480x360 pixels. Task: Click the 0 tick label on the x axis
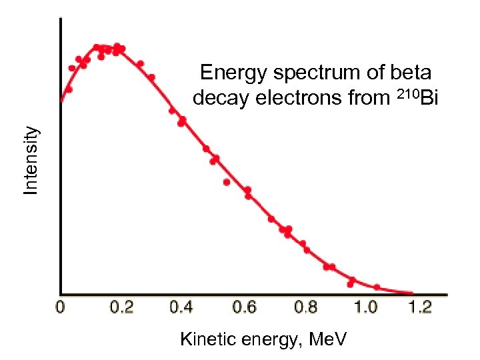(x=60, y=307)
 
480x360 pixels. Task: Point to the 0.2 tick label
(x=121, y=307)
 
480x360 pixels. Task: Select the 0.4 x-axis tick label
(x=182, y=307)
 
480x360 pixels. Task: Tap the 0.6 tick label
(x=243, y=307)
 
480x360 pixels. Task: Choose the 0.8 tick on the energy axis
(x=305, y=307)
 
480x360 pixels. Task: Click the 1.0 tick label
(x=365, y=307)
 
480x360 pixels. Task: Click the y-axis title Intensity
(x=31, y=161)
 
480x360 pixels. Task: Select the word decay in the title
(x=217, y=98)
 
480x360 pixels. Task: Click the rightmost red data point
(x=377, y=287)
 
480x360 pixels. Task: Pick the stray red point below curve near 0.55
(x=227, y=182)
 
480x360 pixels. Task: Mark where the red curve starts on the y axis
(x=61, y=101)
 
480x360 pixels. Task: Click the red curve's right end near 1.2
(x=411, y=293)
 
